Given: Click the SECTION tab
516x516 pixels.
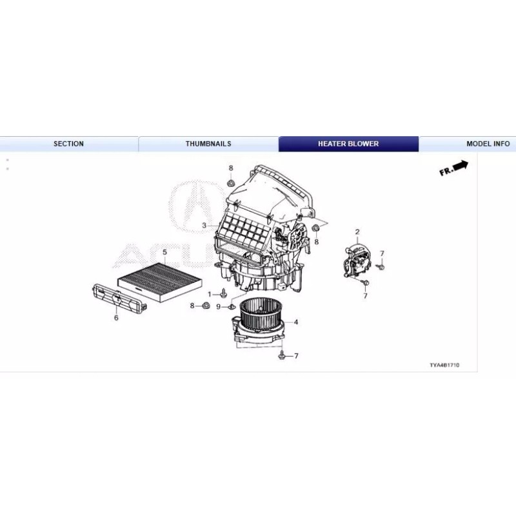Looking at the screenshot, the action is point(68,144).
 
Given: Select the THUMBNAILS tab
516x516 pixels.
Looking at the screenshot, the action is point(208,144).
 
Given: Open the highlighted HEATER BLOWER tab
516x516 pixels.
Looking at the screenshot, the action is point(348,144).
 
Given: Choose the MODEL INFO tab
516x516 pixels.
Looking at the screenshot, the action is point(488,144).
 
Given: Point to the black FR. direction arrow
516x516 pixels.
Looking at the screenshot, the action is point(454,168).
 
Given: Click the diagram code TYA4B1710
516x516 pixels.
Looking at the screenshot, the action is point(444,365).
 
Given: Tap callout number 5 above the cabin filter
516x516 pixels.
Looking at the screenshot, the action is point(164,252).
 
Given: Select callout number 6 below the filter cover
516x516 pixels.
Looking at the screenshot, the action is point(116,317).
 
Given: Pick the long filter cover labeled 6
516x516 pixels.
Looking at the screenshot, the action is point(119,298).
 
